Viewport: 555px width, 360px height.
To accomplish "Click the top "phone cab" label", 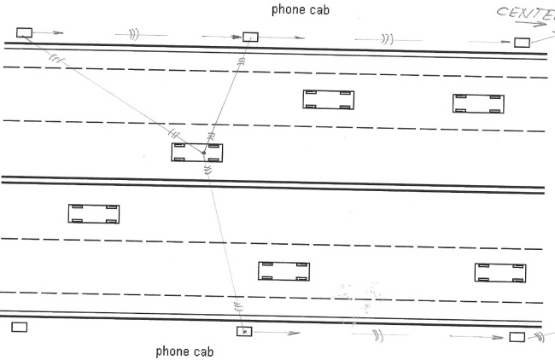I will [x=300, y=10].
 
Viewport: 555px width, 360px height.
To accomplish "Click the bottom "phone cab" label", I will [x=184, y=351].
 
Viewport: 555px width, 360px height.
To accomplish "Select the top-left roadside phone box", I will [x=24, y=33].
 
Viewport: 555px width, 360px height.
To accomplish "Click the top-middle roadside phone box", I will [x=250, y=38].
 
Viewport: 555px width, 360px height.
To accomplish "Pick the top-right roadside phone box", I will [x=522, y=42].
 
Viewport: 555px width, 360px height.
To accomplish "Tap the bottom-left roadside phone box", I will [x=19, y=327].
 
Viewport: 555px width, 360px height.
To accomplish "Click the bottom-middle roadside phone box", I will [x=244, y=331].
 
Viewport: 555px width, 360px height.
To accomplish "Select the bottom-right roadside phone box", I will [x=517, y=337].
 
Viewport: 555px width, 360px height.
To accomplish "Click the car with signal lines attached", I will [x=197, y=153].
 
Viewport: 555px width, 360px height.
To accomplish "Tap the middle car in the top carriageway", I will [x=328, y=100].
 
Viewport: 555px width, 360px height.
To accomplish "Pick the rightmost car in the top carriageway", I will [x=477, y=103].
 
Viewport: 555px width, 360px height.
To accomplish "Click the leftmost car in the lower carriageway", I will [x=93, y=213].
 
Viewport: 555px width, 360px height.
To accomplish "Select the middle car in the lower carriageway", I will [x=283, y=271].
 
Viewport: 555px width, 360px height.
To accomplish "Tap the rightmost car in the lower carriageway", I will [x=499, y=273].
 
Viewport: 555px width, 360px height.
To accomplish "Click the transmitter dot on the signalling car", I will [x=203, y=153].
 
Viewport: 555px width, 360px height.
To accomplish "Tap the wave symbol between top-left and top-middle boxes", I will [x=132, y=35].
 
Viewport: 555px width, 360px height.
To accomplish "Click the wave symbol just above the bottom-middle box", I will [x=238, y=306].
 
